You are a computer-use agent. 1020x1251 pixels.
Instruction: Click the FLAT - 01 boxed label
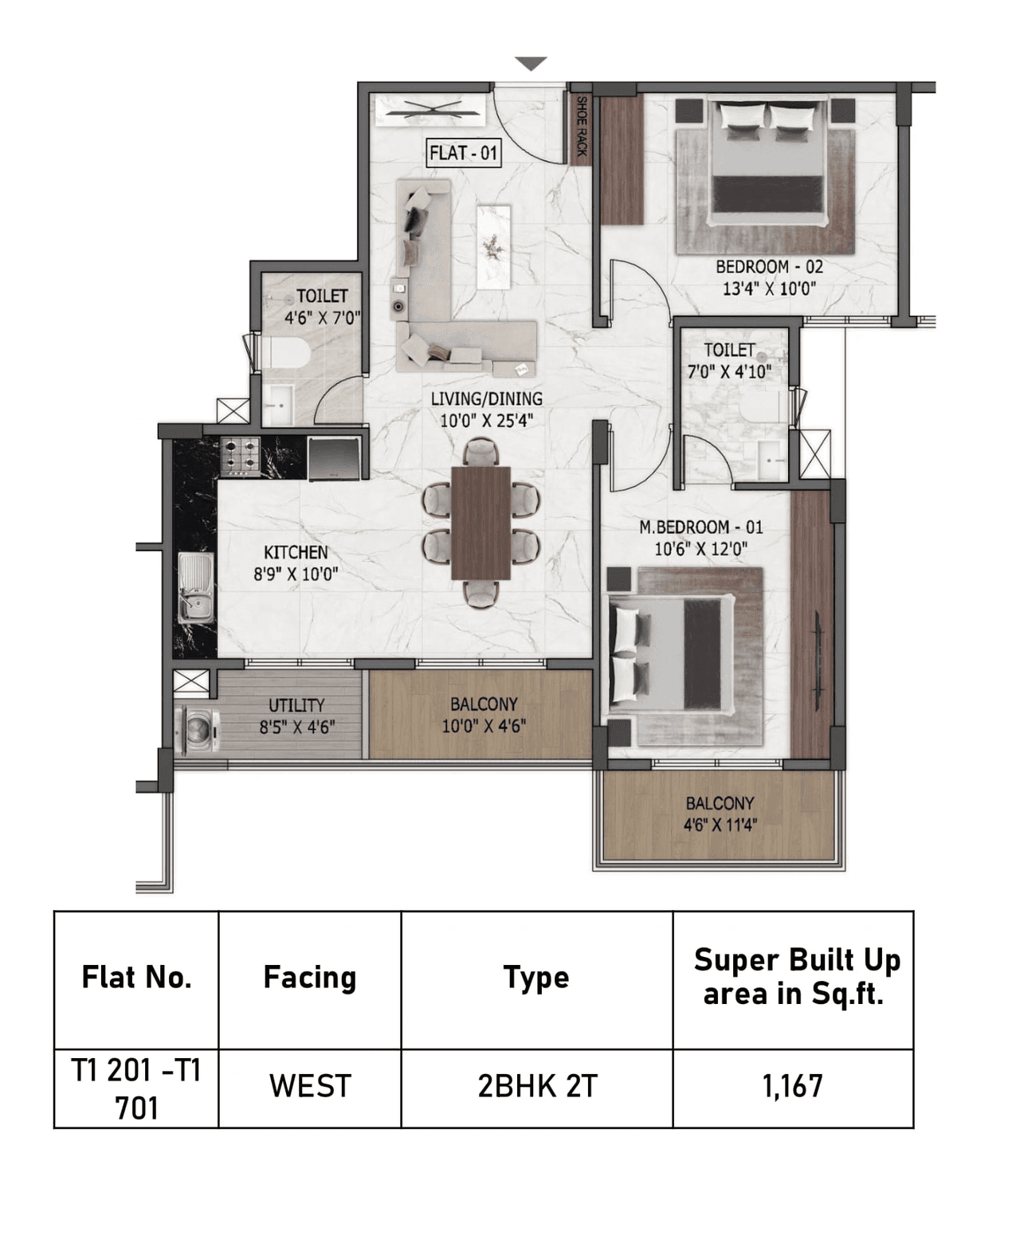coord(464,152)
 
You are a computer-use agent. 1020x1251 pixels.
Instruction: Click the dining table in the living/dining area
coord(481,523)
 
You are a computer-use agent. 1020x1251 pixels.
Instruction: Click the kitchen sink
coord(194,587)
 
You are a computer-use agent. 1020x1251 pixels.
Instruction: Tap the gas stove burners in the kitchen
coord(240,456)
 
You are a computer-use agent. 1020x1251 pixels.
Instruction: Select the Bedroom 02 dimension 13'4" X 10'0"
coord(769,288)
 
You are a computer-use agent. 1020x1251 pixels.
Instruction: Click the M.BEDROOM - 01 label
coord(700,527)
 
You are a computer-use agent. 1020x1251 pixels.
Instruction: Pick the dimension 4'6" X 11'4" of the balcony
coord(720,825)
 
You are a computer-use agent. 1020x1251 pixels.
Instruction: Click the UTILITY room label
coord(296,705)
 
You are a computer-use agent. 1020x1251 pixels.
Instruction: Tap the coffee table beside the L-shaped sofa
coord(493,246)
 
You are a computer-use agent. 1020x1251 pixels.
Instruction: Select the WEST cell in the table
coord(309,1086)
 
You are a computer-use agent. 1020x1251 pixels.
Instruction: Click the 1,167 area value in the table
coord(792,1086)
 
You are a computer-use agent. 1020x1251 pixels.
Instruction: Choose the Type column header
coord(535,977)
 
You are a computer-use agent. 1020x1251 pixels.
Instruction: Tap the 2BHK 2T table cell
coord(536,1086)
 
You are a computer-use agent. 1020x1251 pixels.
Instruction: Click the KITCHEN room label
coord(296,552)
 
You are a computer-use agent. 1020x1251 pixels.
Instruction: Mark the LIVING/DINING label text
coord(486,398)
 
